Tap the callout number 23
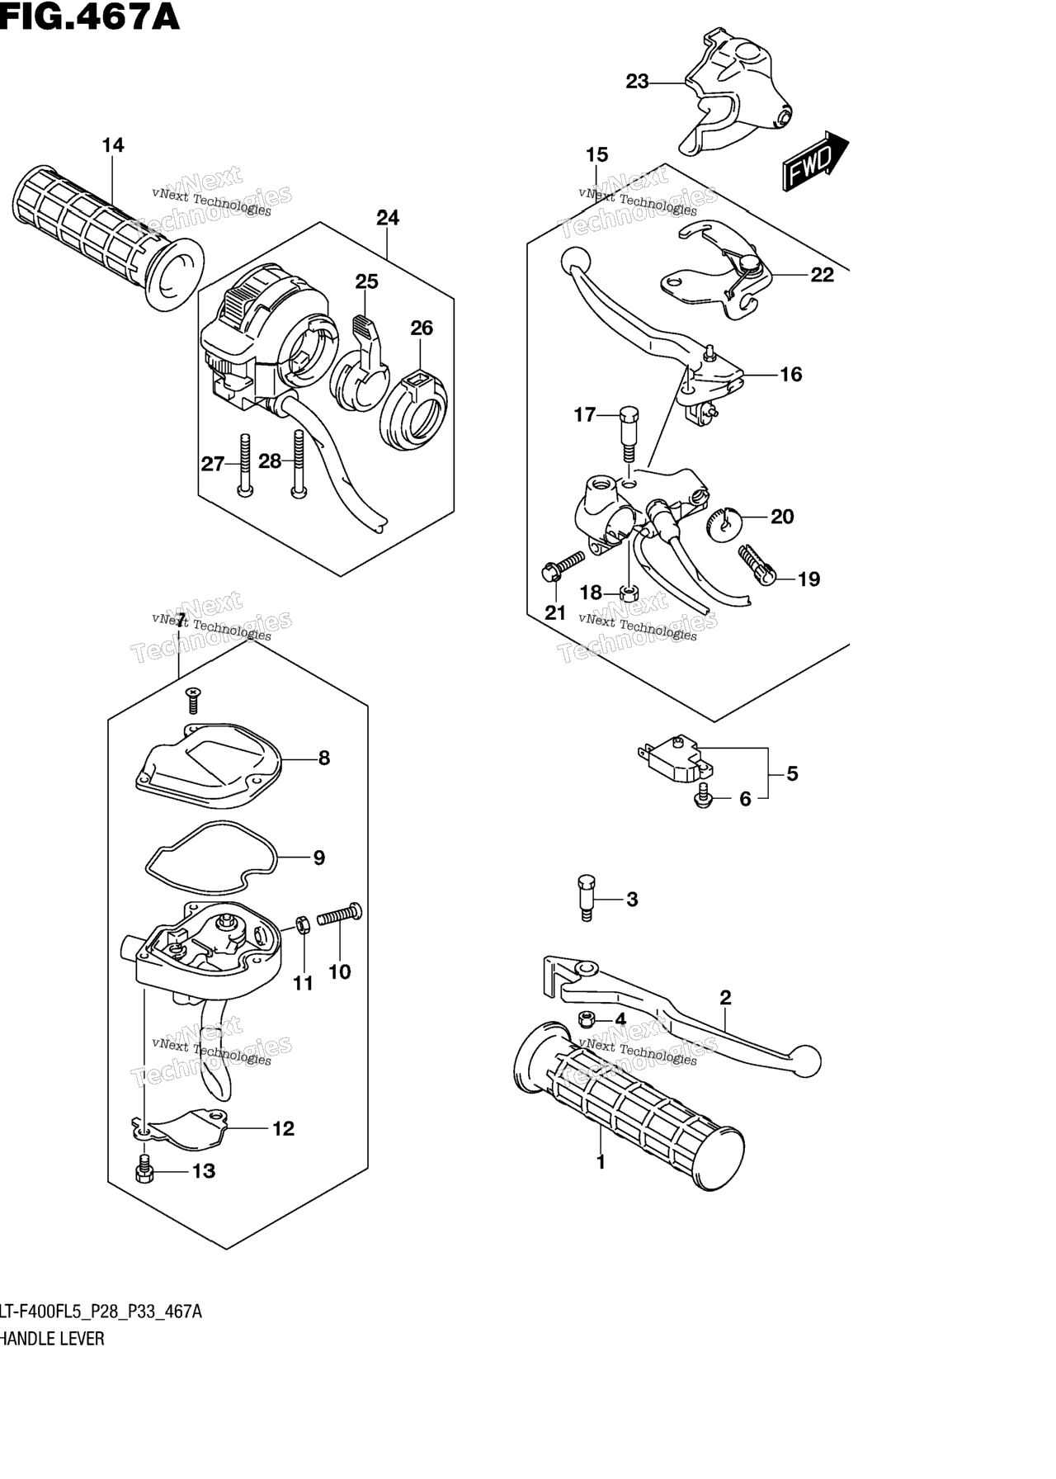638,82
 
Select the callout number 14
113,145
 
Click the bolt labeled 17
629,435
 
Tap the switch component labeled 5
675,759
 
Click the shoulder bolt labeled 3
584,898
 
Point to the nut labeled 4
587,1018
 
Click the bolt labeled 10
339,915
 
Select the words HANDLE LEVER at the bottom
52,1339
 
